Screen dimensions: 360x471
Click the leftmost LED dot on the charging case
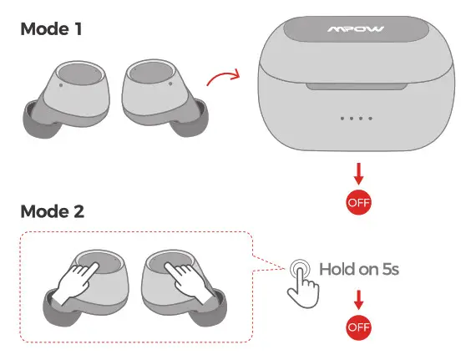[x=342, y=118]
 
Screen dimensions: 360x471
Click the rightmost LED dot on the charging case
[x=371, y=118]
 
